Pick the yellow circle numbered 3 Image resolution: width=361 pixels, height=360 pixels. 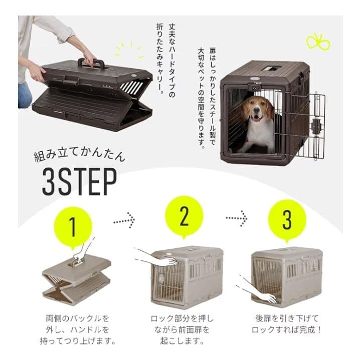[x=287, y=219]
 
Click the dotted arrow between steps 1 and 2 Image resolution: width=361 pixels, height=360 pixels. [x=122, y=218]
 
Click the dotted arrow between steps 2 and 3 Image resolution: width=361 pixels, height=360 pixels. [x=236, y=218]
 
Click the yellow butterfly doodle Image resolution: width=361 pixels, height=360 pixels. [x=320, y=41]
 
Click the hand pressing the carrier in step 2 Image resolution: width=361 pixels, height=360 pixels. [x=153, y=257]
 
